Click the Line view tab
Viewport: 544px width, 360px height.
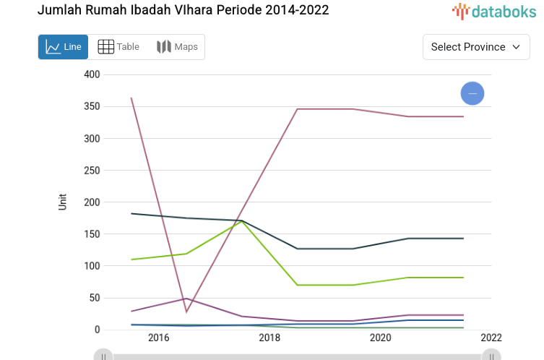(x=63, y=47)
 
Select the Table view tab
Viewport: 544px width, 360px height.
(x=118, y=47)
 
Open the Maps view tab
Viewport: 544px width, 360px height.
(x=177, y=47)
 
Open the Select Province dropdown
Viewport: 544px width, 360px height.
(x=475, y=47)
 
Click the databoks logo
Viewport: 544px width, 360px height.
(x=495, y=11)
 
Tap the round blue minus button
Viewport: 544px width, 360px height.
(x=472, y=93)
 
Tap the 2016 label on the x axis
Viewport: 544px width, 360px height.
(x=158, y=338)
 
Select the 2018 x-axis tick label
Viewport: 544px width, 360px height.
(x=269, y=338)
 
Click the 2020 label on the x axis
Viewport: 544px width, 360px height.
(x=381, y=338)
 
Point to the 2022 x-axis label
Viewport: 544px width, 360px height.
(x=491, y=338)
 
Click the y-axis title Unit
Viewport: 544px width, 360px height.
(x=63, y=202)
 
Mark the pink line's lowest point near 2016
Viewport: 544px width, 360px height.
(x=186, y=312)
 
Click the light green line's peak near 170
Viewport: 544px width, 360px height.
(x=242, y=221)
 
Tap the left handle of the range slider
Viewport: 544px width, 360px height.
(x=104, y=356)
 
